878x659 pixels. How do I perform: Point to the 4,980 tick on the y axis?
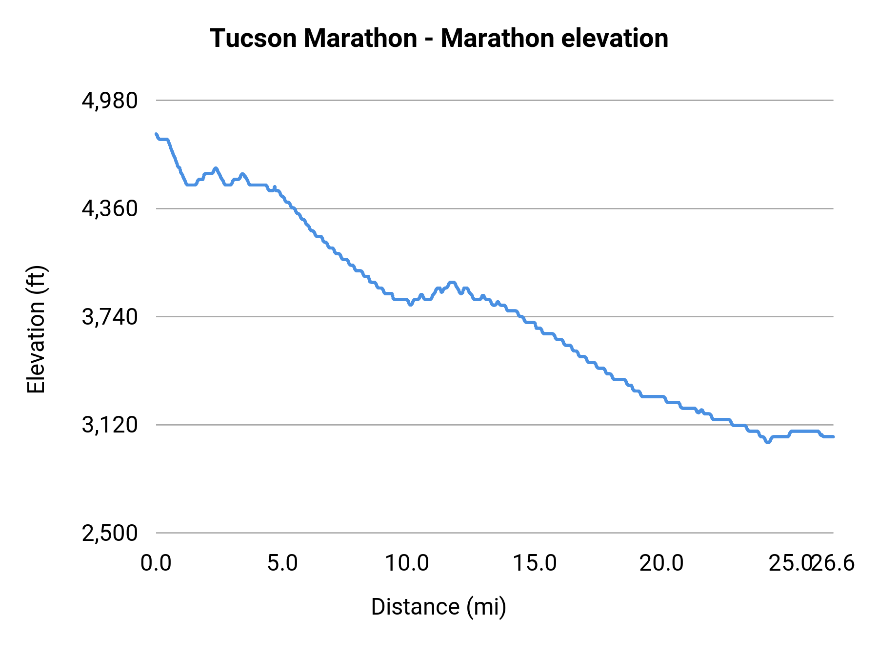110,101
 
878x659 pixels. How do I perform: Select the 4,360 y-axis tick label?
110,209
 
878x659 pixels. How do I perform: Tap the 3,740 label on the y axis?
110,317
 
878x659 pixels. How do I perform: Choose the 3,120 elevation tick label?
110,425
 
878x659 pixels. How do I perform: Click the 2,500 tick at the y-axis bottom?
110,533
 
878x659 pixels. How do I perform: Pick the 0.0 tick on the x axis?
156,563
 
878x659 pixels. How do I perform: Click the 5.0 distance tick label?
282,563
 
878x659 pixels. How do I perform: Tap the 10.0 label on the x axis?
407,563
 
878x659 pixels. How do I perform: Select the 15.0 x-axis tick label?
535,563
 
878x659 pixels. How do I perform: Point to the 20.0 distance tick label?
661,563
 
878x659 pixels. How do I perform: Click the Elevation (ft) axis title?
36,329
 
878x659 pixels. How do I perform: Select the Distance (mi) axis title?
439,607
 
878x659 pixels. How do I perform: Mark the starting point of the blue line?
156,134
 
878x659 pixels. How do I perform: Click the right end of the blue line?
833,436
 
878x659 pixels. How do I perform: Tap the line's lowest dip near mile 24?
767,442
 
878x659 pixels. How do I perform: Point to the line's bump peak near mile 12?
452,283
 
